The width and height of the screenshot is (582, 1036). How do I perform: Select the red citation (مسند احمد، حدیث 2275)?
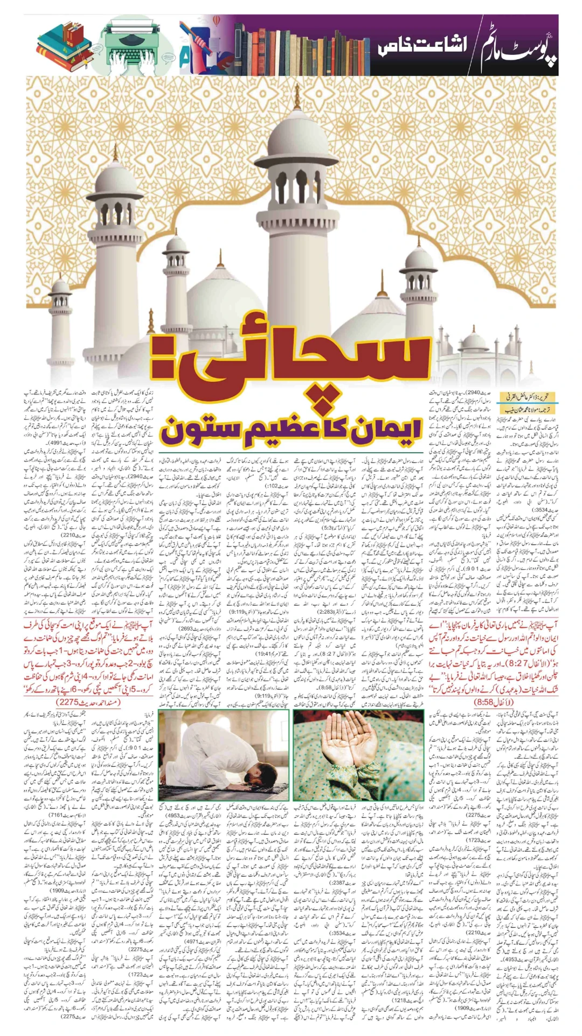coord(88,703)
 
